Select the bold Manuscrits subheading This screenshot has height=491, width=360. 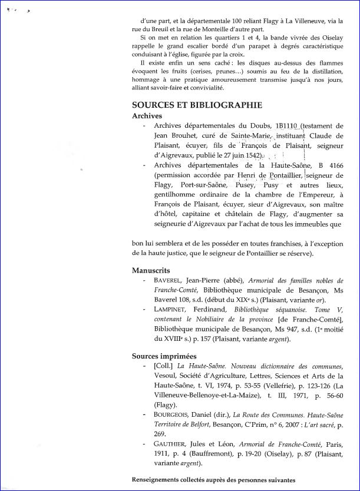coord(155,270)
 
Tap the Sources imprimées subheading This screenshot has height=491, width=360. coord(164,356)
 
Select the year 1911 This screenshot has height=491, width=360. coord(162,454)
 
